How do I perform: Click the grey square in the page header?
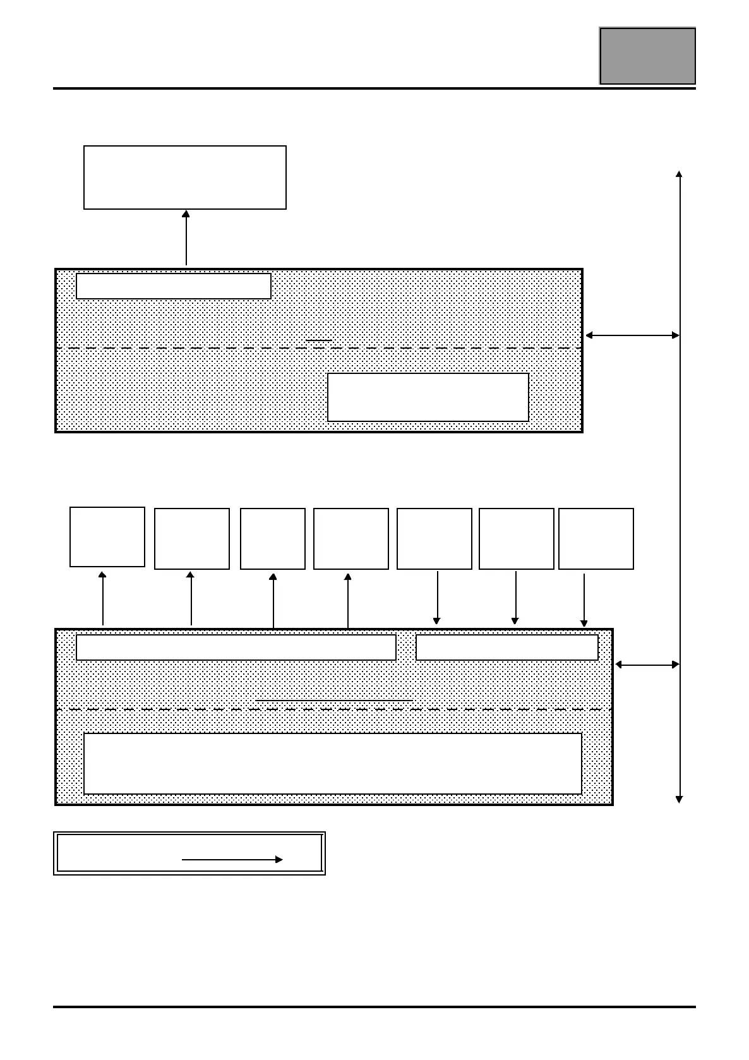tap(647, 56)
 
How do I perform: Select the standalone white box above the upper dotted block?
tap(185, 178)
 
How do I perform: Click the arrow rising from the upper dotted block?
tap(186, 238)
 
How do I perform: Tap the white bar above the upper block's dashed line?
tap(174, 286)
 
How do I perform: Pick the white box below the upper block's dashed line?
tap(428, 397)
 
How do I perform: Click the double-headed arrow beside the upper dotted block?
tap(632, 335)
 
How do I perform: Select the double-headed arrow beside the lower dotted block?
tap(647, 665)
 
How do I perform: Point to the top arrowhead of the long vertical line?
tap(679, 174)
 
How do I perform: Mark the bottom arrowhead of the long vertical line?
tap(679, 800)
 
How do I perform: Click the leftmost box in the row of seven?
tap(107, 537)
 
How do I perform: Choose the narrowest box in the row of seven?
tap(273, 539)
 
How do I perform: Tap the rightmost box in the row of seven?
tap(596, 539)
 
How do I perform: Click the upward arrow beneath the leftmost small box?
tap(102, 598)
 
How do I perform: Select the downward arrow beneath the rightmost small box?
tap(584, 600)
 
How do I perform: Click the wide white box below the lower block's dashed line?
tap(333, 764)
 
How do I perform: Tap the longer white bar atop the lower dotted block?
tap(236, 647)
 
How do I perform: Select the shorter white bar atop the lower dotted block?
tap(507, 647)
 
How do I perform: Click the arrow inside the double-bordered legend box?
tap(232, 860)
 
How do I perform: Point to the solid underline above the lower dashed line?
tap(334, 701)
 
